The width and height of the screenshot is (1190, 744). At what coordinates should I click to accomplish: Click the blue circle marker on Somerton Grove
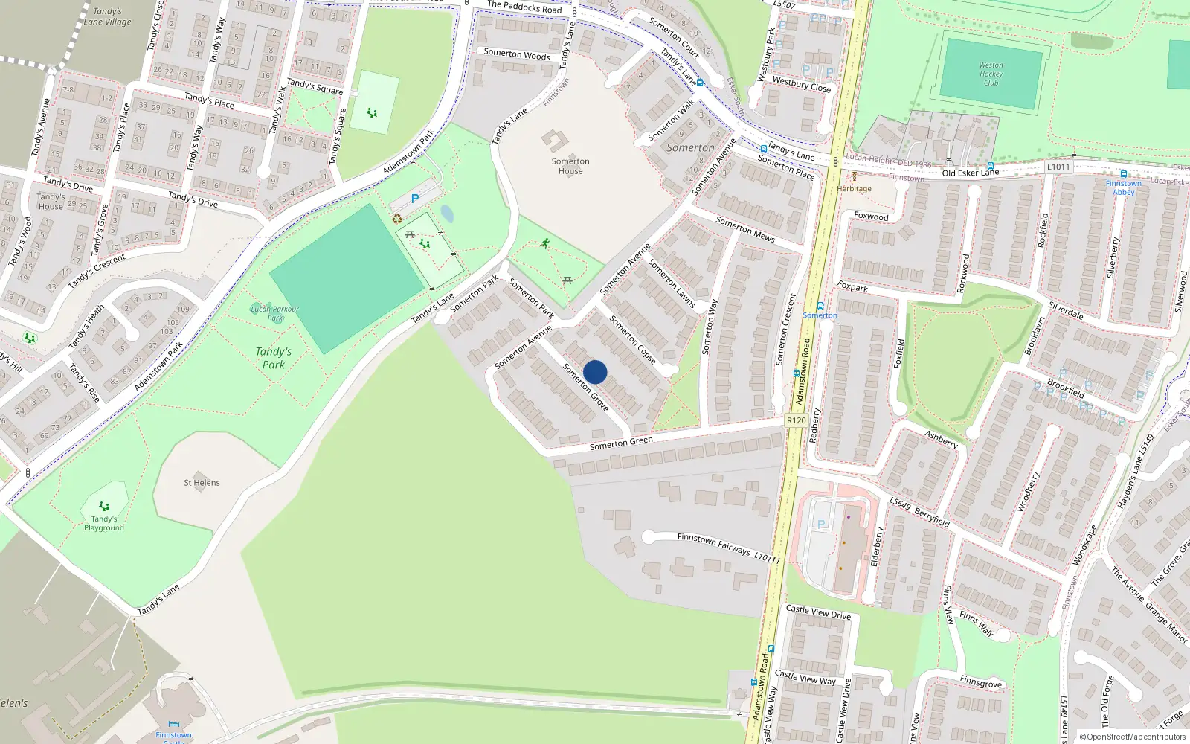[595, 372]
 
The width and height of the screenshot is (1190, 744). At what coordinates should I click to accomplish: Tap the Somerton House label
[570, 166]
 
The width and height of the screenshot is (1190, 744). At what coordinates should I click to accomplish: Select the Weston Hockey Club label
[991, 74]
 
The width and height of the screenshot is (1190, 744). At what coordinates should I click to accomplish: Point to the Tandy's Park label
[274, 358]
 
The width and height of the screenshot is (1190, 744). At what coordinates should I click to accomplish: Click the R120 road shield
[796, 420]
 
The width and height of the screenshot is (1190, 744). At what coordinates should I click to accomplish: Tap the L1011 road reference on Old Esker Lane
[1058, 167]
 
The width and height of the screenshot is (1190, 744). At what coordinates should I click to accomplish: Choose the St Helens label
[202, 482]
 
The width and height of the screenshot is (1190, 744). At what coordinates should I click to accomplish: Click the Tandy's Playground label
[104, 523]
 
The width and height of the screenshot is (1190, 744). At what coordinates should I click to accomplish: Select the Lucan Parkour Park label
[274, 313]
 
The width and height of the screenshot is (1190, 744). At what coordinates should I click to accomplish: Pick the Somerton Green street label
[621, 443]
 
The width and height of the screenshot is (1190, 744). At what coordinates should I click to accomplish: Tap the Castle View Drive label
[818, 612]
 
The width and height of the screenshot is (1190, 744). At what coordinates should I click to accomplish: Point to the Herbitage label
[854, 188]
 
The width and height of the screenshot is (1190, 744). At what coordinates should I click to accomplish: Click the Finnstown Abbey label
[1123, 187]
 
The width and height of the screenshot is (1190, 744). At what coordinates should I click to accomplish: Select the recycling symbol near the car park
[397, 219]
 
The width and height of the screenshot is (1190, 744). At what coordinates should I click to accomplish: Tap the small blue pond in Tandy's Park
[447, 214]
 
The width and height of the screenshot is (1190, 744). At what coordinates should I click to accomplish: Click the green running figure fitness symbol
[545, 243]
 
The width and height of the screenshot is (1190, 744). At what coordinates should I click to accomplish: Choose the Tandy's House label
[51, 202]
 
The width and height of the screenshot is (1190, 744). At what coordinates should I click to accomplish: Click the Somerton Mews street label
[744, 229]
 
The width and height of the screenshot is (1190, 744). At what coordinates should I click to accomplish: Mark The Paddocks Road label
[524, 7]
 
